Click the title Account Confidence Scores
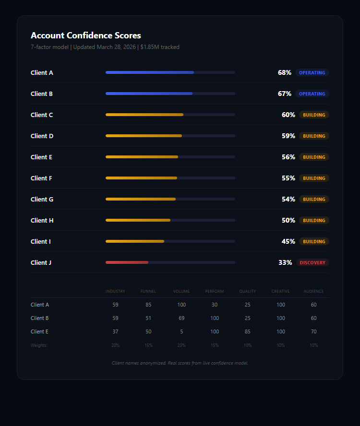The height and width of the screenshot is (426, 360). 86,35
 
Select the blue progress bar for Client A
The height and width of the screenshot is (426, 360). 150,72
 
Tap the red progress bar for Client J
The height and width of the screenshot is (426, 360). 127,262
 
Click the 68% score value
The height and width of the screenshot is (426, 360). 284,72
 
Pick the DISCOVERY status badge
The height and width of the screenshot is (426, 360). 312,262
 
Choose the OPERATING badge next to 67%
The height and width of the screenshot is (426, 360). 312,94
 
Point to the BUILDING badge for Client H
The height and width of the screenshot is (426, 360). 314,220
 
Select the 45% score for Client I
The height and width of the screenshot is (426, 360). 288,241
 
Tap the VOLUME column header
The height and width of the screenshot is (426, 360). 181,291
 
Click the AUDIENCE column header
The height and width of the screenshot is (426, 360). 313,291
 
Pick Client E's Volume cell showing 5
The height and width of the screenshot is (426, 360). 181,331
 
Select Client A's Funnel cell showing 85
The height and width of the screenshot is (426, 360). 148,305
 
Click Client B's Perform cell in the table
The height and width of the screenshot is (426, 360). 215,318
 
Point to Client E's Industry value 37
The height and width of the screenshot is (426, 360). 115,331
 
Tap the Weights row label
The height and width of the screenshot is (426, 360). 39,345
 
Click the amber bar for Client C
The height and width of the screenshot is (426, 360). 144,115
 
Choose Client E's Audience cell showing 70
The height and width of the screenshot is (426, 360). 313,331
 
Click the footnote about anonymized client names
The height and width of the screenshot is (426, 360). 180,363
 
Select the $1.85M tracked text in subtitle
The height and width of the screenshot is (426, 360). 160,47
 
